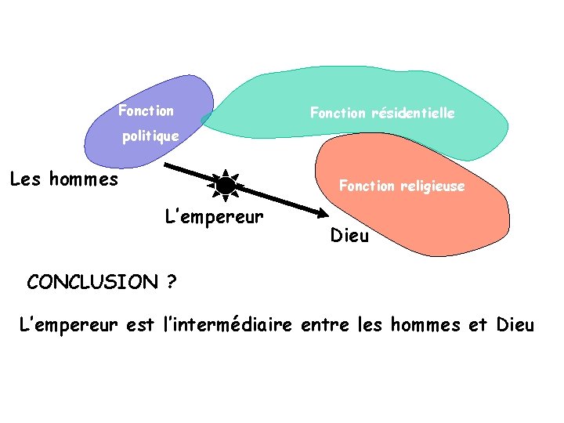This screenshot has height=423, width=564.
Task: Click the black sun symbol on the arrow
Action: click(x=226, y=186)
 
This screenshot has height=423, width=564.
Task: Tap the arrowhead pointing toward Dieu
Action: click(x=322, y=213)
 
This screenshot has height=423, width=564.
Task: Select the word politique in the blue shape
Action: click(x=150, y=136)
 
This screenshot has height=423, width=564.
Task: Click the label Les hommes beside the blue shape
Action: click(x=64, y=179)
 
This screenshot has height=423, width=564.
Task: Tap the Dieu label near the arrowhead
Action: click(x=349, y=235)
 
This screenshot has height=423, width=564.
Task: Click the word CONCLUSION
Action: click(x=92, y=282)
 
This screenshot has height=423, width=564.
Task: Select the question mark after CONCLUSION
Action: click(x=171, y=282)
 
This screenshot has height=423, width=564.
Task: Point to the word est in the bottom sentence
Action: click(x=140, y=324)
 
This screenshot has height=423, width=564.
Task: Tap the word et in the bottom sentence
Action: click(x=478, y=324)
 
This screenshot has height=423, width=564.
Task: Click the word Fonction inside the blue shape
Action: click(x=146, y=110)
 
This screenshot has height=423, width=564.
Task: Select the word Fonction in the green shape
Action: click(x=338, y=113)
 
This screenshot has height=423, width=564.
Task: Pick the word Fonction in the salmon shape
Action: click(x=367, y=186)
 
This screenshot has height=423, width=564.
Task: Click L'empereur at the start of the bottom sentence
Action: click(x=69, y=324)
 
